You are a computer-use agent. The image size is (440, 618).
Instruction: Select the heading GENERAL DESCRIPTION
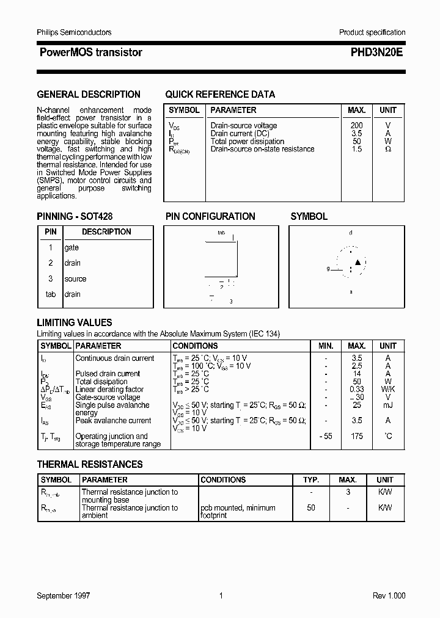89,94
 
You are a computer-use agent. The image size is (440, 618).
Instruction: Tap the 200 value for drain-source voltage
356,126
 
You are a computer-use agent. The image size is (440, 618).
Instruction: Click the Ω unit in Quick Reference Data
387,149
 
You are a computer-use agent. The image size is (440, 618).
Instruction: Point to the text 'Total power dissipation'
247,141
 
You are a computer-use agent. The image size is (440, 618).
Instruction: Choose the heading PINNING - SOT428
75,216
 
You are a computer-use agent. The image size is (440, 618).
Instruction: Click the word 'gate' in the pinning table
71,248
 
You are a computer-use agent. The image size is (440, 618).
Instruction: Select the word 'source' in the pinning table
75,279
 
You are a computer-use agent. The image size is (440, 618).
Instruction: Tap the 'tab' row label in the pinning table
51,294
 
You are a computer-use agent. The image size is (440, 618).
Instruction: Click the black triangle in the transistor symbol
358,263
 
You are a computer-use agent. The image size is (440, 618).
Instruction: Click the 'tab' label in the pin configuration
221,233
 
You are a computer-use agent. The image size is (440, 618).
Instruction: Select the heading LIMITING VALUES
75,322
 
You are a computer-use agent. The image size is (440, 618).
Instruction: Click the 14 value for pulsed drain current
356,374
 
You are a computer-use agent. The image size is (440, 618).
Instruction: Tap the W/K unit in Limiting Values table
387,390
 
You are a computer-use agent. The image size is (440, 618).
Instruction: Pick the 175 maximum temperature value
356,436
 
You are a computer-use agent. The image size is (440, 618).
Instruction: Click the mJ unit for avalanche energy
387,405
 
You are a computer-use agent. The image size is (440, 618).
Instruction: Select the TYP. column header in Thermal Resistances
310,480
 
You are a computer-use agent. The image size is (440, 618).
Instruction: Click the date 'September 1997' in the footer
64,595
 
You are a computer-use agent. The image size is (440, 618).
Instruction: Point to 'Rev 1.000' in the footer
389,595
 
